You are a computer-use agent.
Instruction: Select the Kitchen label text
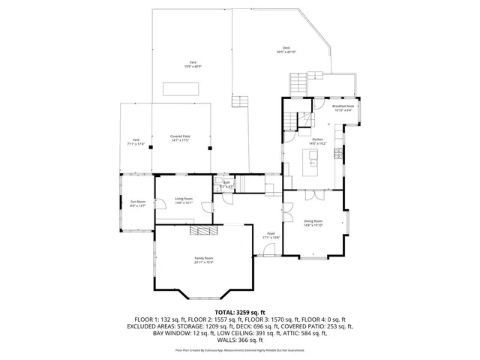[x=317, y=140]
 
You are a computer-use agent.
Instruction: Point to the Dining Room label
[x=313, y=223]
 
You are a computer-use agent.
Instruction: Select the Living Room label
[x=184, y=199]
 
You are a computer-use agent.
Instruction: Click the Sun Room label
[x=138, y=203]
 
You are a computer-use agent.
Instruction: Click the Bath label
[x=226, y=184]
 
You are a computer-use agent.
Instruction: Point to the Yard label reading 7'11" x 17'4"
[x=136, y=141]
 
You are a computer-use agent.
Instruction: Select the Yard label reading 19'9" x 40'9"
[x=193, y=64]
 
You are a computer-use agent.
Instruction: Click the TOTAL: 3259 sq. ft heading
[x=240, y=311]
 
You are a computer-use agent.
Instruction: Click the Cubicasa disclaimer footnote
[x=240, y=349]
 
